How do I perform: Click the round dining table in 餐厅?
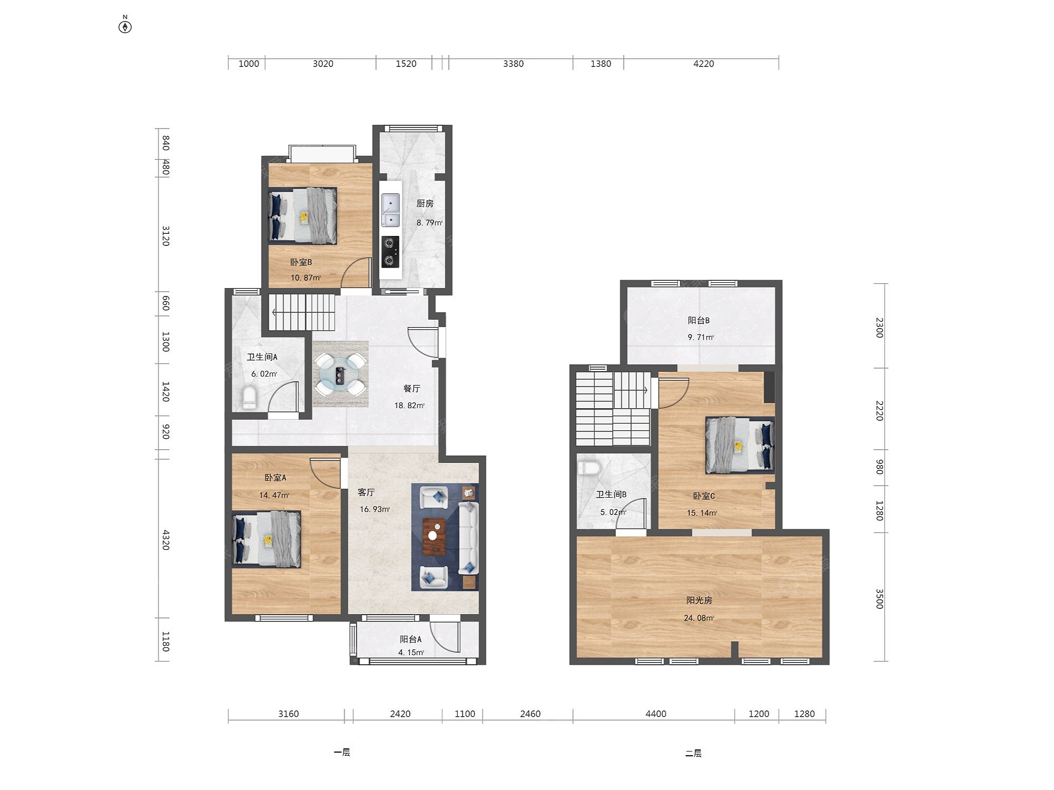click(x=340, y=374)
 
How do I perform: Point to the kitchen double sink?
click(x=390, y=210)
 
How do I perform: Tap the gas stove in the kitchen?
click(x=390, y=252)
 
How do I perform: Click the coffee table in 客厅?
click(x=434, y=537)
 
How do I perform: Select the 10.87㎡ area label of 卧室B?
click(x=306, y=278)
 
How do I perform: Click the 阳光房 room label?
click(x=699, y=600)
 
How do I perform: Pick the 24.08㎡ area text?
click(x=699, y=618)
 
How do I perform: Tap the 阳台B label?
click(x=699, y=320)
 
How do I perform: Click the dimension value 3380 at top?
click(x=513, y=64)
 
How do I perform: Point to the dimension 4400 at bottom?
click(x=656, y=714)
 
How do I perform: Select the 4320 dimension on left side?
click(x=165, y=540)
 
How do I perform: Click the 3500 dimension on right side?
click(x=879, y=599)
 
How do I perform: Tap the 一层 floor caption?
click(x=342, y=752)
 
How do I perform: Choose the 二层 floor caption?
click(x=694, y=753)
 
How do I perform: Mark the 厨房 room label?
click(x=425, y=203)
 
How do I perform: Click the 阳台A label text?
click(x=411, y=639)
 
